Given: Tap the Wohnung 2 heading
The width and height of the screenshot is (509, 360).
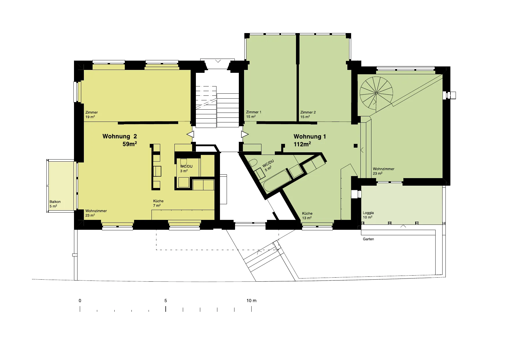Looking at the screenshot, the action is click(x=120, y=136).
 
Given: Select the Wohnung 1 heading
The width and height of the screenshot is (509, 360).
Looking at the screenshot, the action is click(x=310, y=137).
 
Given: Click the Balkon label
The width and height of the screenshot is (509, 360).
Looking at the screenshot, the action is click(x=55, y=202).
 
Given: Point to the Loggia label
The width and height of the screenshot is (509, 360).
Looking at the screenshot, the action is click(x=368, y=213).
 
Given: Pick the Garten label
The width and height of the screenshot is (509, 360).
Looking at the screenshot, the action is click(x=369, y=239).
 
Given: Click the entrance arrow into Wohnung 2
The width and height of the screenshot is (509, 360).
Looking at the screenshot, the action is click(x=190, y=134).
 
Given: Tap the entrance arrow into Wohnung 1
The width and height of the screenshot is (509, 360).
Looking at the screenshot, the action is click(x=245, y=134).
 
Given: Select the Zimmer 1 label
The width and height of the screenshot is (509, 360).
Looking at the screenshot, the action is click(x=254, y=112).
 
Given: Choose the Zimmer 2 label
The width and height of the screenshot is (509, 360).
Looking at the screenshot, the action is click(x=308, y=112).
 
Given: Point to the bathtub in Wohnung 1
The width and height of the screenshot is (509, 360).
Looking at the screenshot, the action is click(x=275, y=182).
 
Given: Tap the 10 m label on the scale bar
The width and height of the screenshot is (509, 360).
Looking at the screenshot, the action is click(x=252, y=301).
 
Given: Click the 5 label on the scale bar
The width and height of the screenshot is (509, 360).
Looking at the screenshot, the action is click(x=166, y=301).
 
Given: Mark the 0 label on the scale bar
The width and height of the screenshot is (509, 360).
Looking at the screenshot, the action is click(x=80, y=301).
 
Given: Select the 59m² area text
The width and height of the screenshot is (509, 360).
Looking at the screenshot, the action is click(x=130, y=144).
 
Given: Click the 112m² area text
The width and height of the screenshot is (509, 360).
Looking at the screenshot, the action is click(x=302, y=144).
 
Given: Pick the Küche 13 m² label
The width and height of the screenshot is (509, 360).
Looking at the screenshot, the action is click(x=307, y=216).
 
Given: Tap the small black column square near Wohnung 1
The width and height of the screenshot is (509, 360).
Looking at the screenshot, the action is click(x=355, y=146).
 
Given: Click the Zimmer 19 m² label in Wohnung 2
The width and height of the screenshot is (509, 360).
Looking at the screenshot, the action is click(x=91, y=115).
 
